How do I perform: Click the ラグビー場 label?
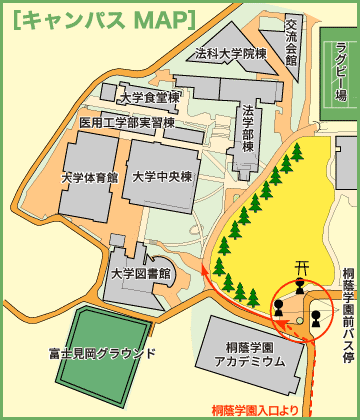(341, 72)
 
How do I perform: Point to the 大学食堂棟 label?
(148, 98)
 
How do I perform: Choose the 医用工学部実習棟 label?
(127, 122)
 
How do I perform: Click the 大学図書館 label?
(141, 272)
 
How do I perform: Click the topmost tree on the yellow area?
(297, 152)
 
